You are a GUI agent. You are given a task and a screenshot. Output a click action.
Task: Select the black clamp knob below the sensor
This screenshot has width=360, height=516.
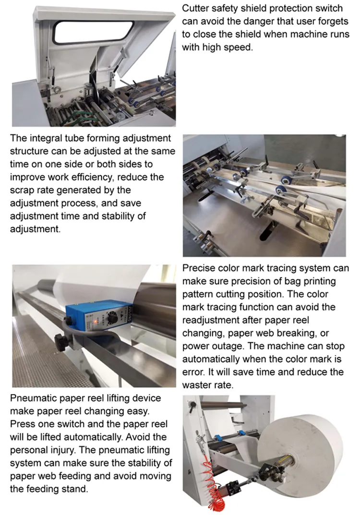(61, 342)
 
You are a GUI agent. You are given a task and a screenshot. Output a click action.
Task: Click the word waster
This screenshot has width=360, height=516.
(196, 385)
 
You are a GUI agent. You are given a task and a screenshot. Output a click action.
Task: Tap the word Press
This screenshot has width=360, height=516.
(22, 424)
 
